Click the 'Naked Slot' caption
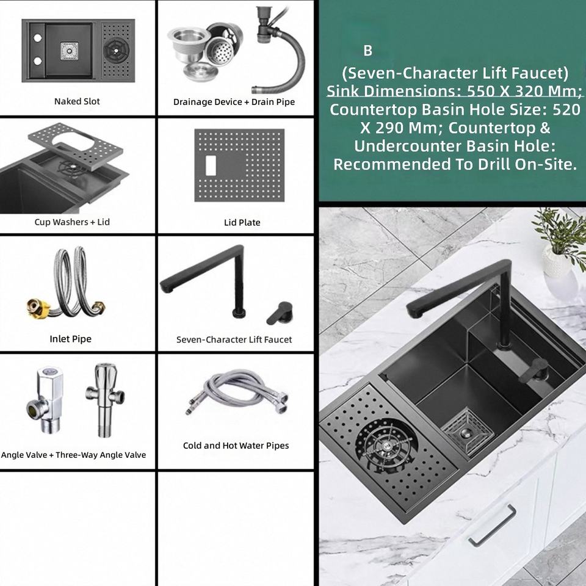[77, 101]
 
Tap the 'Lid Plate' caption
[242, 222]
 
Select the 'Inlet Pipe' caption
[71, 339]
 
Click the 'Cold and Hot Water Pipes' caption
[236, 446]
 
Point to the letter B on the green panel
[367, 51]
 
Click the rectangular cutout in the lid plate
[211, 166]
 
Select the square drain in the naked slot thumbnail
[70, 51]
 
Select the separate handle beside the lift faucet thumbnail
[280, 313]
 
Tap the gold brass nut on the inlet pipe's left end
[38, 308]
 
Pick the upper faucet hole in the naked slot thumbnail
[37, 38]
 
